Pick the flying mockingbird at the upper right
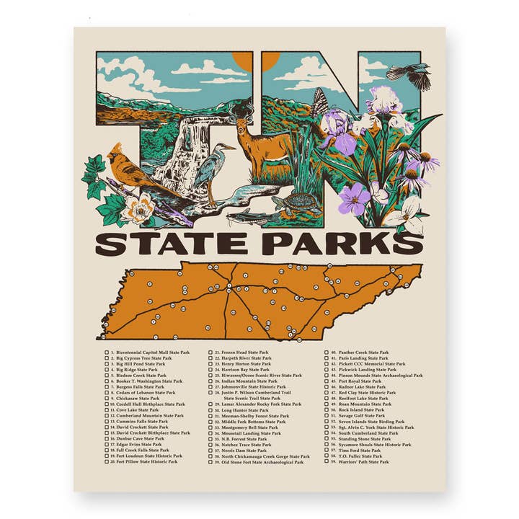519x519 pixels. [x=410, y=74]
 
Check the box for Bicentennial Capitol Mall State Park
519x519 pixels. [x=107, y=352]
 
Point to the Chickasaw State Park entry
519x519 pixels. [x=138, y=398]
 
